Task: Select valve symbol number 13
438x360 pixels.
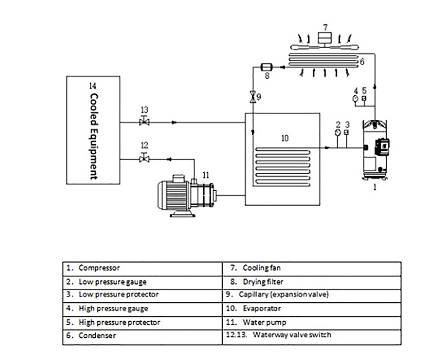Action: tap(144, 122)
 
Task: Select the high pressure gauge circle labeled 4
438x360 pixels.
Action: tap(355, 99)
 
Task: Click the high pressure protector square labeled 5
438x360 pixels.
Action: tap(364, 99)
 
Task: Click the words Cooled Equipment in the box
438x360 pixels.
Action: tap(93, 136)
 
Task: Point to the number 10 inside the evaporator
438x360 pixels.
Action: tap(284, 138)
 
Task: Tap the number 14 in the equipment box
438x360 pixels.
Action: tap(93, 86)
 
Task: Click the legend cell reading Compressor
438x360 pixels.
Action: tap(99, 268)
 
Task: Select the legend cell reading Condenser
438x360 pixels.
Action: tap(97, 336)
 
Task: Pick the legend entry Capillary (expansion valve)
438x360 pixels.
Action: tap(284, 295)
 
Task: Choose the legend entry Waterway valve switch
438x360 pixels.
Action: tap(292, 335)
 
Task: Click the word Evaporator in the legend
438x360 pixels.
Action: tap(262, 309)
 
